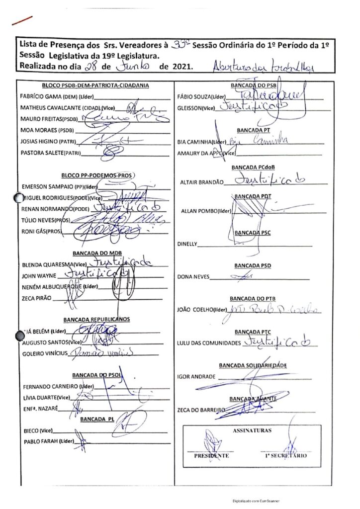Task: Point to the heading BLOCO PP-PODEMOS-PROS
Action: point(98,175)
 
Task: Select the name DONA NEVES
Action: point(193,277)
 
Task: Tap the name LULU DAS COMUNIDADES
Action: point(208,343)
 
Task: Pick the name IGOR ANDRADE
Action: point(196,376)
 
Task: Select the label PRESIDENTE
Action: point(211,455)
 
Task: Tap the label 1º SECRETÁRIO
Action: point(286,455)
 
